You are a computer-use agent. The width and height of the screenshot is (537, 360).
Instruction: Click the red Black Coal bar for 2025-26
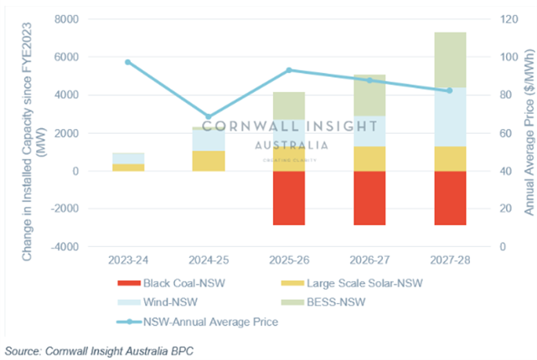(289, 198)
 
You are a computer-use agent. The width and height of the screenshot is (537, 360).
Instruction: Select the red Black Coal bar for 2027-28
(443, 198)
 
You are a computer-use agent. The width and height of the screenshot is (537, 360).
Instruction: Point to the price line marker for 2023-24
(128, 62)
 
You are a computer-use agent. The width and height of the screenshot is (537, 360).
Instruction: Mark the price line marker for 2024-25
(209, 116)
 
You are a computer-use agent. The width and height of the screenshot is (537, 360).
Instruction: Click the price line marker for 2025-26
(289, 70)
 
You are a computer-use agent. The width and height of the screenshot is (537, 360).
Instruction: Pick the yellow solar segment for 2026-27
(366, 158)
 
